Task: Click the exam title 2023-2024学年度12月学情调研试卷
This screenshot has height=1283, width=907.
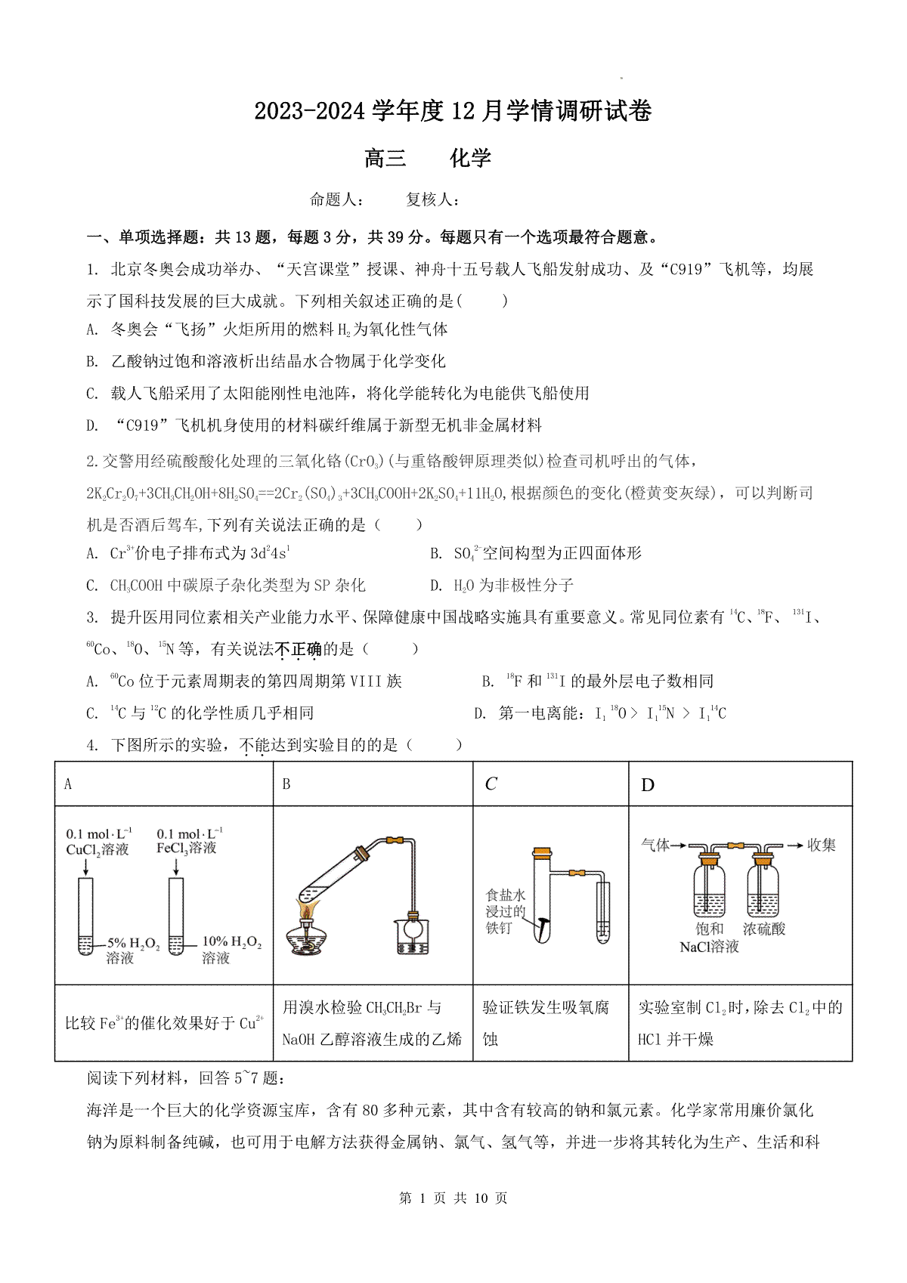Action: click(x=453, y=112)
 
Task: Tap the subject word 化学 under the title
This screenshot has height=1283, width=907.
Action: click(x=470, y=158)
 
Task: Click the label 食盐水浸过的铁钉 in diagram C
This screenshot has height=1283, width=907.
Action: click(x=506, y=911)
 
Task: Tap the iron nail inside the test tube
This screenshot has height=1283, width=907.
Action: click(x=544, y=923)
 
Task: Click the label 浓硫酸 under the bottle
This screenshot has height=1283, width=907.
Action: click(x=764, y=929)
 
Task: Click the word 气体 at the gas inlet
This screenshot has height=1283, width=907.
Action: click(x=655, y=845)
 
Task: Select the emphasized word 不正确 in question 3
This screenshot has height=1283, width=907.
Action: click(x=299, y=649)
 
